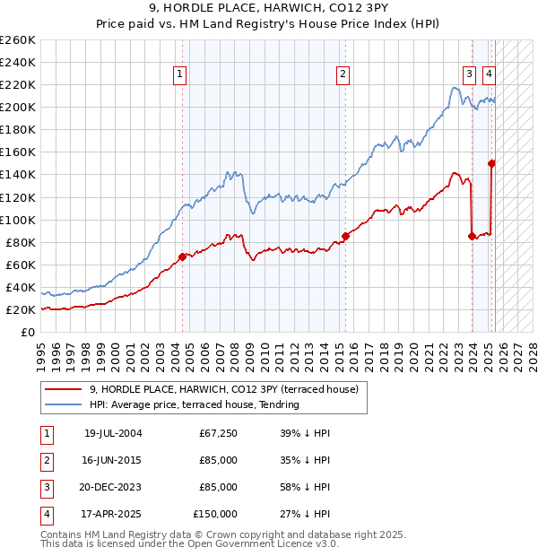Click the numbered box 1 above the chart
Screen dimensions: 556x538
click(x=180, y=74)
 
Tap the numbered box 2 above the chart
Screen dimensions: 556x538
click(x=343, y=74)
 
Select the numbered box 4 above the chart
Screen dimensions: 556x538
click(x=490, y=74)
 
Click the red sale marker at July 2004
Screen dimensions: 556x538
click(x=182, y=256)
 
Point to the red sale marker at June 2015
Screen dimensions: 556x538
click(x=344, y=237)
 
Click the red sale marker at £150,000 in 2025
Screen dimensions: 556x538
click(x=491, y=163)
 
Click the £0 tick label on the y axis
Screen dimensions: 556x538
click(x=27, y=332)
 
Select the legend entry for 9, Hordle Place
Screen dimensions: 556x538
click(x=223, y=389)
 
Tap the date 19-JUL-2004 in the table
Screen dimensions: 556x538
click(x=113, y=434)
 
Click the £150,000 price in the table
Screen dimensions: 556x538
click(x=215, y=515)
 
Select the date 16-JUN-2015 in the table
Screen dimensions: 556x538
click(x=113, y=461)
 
